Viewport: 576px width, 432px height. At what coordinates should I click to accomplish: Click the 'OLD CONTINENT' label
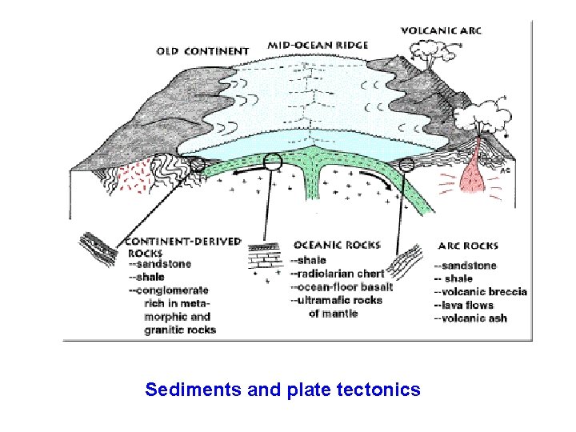pos(203,51)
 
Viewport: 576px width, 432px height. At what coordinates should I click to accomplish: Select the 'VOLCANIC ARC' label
pos(441,30)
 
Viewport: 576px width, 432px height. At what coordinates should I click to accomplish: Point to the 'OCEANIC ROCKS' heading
pos(337,245)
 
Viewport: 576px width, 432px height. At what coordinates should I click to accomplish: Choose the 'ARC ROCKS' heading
pos(468,246)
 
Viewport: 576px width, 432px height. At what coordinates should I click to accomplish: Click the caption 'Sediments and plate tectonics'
pos(282,390)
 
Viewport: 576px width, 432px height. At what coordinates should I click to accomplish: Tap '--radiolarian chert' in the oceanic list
pos(337,274)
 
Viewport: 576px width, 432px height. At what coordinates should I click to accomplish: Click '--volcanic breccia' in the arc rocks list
pos(480,291)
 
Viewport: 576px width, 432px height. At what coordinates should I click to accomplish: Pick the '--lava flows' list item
pos(470,305)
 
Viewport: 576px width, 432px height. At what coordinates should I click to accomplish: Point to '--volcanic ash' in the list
pos(470,318)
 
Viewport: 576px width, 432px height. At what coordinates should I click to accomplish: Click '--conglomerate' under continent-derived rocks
pos(169,290)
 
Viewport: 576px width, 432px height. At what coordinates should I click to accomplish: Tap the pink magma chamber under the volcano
pos(486,172)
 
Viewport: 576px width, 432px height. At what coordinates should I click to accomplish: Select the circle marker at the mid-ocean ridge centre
pos(273,162)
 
